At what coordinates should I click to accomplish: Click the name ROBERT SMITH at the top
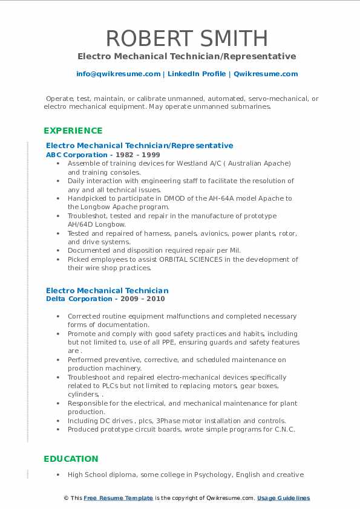pos(186,38)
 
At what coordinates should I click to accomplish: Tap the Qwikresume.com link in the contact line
pos(266,74)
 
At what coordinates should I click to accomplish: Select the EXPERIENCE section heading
pos(73,131)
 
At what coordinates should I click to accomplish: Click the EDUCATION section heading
pos(71,459)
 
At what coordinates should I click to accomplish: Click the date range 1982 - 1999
pos(134,155)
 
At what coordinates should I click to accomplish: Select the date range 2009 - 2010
pos(143,299)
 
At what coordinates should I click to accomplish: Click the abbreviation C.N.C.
pos(284,429)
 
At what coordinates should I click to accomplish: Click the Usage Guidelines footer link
pos(283,498)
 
